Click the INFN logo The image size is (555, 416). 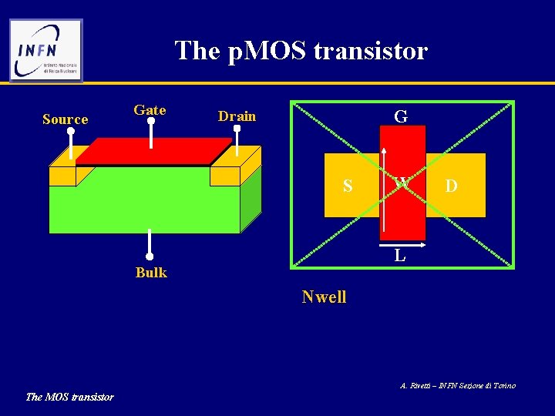coord(45,50)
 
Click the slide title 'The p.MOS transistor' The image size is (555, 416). coord(301,51)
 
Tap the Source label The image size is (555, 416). coord(65,119)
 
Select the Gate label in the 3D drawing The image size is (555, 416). coord(150,110)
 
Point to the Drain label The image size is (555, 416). coord(237,116)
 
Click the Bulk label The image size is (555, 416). coord(151,272)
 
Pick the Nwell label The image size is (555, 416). coord(324,297)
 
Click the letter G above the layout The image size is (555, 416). coord(401,117)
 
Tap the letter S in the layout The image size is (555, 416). coord(348,186)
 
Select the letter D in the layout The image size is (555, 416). coord(451,186)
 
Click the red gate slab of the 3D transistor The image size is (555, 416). coord(154,151)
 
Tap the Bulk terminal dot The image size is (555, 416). coord(150,257)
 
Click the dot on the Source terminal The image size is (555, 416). coord(71,131)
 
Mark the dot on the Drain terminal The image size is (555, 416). coord(237,130)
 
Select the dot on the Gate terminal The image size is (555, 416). coord(151,121)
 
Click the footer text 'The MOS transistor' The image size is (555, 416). coord(69,397)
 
